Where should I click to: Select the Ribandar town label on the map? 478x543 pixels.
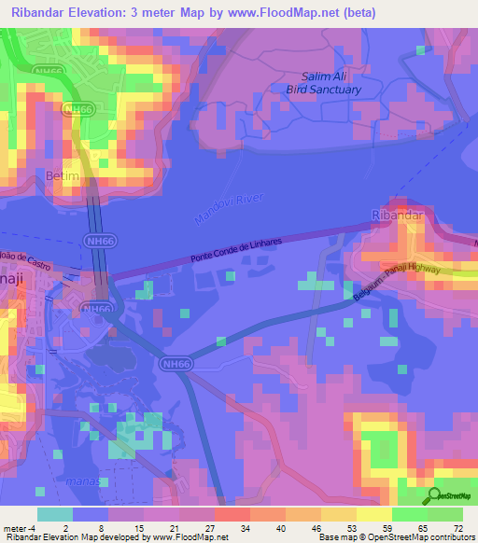pyautogui.click(x=397, y=215)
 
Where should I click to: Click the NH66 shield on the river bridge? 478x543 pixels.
pyautogui.click(x=95, y=241)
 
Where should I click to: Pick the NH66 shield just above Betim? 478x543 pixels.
pyautogui.click(x=78, y=109)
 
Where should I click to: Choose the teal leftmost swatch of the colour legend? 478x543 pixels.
pyautogui.click(x=54, y=514)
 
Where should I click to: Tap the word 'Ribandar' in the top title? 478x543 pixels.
pyautogui.click(x=45, y=13)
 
